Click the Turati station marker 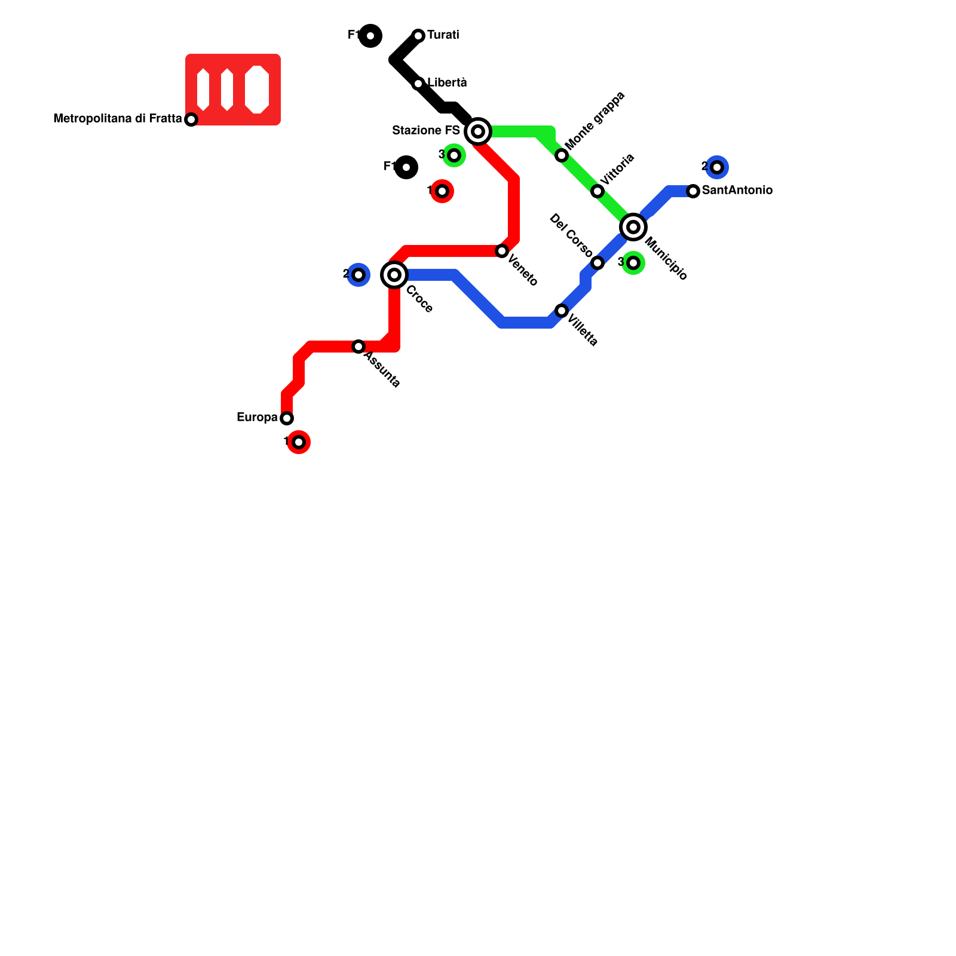(x=418, y=36)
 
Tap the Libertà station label (x=447, y=83)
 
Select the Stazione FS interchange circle (x=478, y=131)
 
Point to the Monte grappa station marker (x=562, y=155)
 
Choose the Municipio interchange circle (x=633, y=227)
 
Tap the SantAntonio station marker (x=693, y=191)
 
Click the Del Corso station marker (x=597, y=263)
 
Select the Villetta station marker (x=562, y=311)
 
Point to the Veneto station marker (x=502, y=251)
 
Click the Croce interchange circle (x=394, y=275)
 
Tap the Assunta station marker (x=358, y=347)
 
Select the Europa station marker (x=287, y=418)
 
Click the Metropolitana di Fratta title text (x=118, y=119)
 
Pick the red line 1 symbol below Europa (x=299, y=442)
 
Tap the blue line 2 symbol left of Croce (x=358, y=275)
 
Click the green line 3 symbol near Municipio (x=633, y=263)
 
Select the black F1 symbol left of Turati (x=370, y=36)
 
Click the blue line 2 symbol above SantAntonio (x=717, y=167)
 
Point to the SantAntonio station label (x=737, y=191)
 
